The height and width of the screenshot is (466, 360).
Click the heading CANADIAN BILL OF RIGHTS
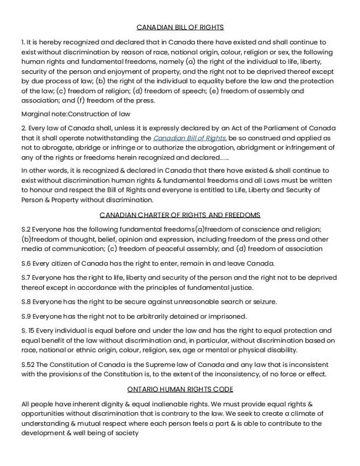coord(179,27)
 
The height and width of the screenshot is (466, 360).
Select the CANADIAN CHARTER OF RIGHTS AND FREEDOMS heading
coord(179,215)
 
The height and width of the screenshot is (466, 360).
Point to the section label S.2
coord(25,229)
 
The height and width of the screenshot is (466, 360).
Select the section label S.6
coord(25,263)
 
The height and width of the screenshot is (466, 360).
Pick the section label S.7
coord(25,278)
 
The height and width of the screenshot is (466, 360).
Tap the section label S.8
coord(25,302)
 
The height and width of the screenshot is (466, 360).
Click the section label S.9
coord(25,316)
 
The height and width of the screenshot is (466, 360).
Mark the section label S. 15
coord(27,330)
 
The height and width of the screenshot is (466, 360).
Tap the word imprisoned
coord(227,316)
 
